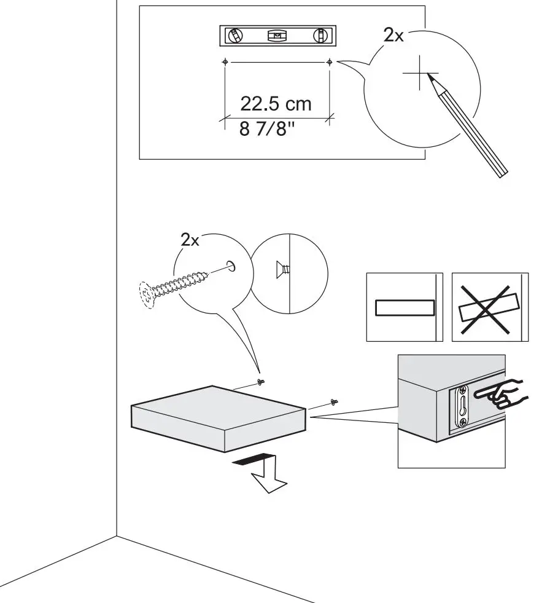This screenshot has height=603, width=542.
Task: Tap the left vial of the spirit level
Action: point(234,36)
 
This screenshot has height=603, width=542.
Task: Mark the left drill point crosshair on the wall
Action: point(225,62)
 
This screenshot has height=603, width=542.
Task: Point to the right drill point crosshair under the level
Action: point(330,62)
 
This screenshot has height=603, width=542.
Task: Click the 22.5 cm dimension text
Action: point(276,103)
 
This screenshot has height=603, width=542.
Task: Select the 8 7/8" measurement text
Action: point(263,130)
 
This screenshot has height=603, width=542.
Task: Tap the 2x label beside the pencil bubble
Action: point(393,36)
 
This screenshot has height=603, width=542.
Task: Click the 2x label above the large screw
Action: point(190,240)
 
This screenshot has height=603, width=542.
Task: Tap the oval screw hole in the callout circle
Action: point(231,266)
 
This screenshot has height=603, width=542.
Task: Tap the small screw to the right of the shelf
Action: point(335,402)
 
